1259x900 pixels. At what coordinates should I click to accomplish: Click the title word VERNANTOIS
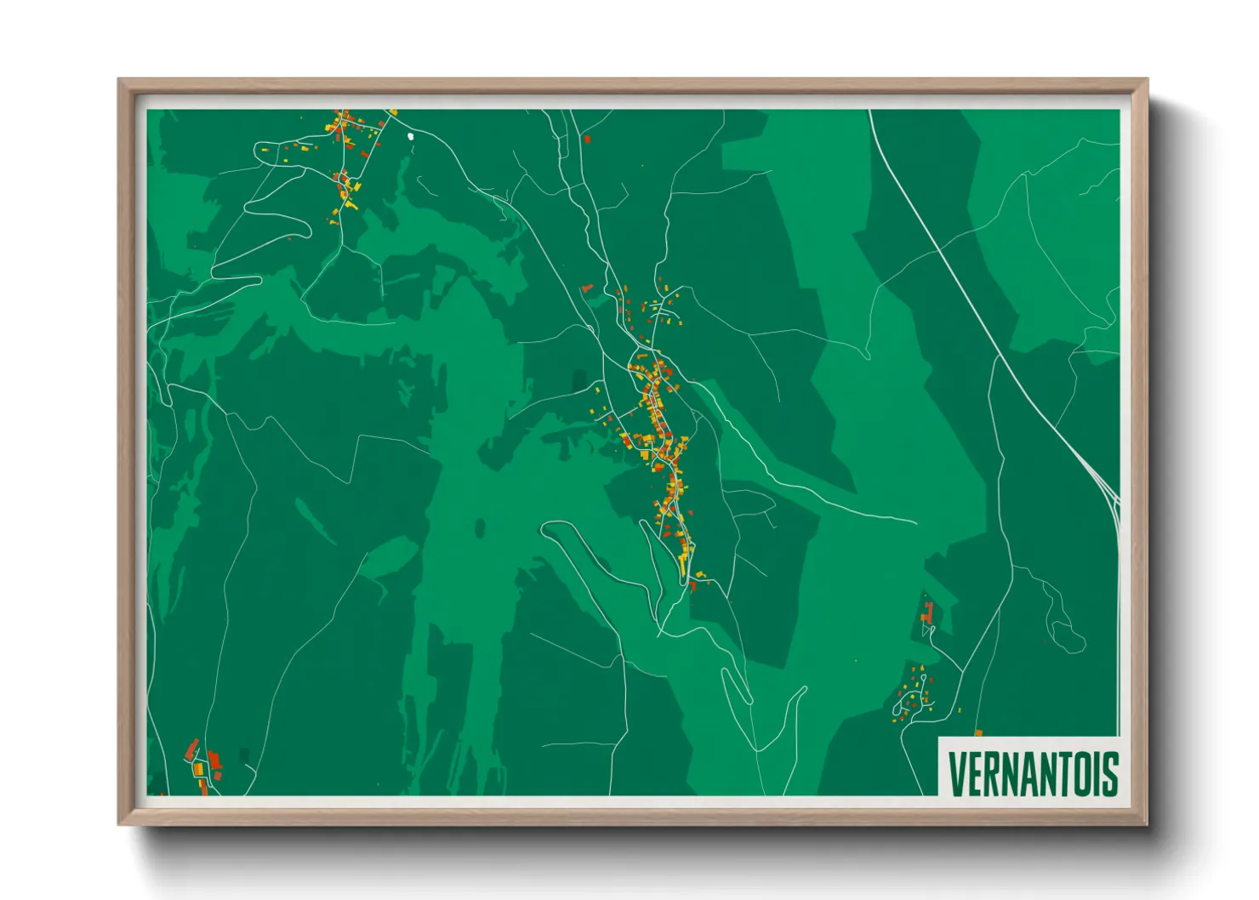[x=1032, y=772]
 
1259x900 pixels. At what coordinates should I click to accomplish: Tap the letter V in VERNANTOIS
[x=956, y=772]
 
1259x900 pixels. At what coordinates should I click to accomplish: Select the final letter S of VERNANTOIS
[x=1109, y=772]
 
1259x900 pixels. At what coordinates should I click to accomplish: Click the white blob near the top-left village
[x=410, y=135]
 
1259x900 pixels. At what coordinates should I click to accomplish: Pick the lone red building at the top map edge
[x=587, y=139]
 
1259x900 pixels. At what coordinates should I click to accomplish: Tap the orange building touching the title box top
[x=978, y=732]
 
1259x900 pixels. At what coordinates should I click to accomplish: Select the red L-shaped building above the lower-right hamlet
[x=928, y=612]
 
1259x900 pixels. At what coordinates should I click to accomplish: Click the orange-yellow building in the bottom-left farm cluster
[x=199, y=769]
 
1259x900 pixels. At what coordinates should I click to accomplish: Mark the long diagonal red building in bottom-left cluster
[x=192, y=749]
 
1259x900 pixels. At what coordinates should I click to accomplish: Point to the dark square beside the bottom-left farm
[x=245, y=755]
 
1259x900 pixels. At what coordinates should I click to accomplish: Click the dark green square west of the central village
[x=580, y=380]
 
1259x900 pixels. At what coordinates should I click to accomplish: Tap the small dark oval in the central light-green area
[x=480, y=529]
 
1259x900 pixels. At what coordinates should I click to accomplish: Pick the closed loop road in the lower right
[x=1067, y=634]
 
